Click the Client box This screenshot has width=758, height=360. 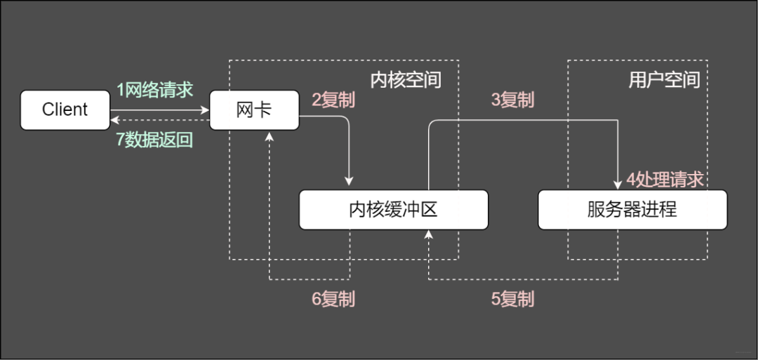[65, 110]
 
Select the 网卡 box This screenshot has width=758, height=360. [254, 110]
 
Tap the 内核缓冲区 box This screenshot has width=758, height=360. [393, 209]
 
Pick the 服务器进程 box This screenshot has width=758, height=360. [632, 209]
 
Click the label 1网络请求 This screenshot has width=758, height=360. [154, 90]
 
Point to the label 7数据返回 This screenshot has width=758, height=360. [154, 140]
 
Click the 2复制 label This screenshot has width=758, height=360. [333, 100]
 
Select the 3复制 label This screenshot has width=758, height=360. [512, 100]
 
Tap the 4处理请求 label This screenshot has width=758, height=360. [665, 180]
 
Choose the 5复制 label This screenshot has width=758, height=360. [512, 299]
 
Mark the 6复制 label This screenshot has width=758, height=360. [333, 299]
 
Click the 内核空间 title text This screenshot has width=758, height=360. [406, 79]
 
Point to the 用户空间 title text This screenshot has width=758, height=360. [664, 79]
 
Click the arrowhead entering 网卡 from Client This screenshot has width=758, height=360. [206, 110]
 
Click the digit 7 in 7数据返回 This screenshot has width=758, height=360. [120, 140]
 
